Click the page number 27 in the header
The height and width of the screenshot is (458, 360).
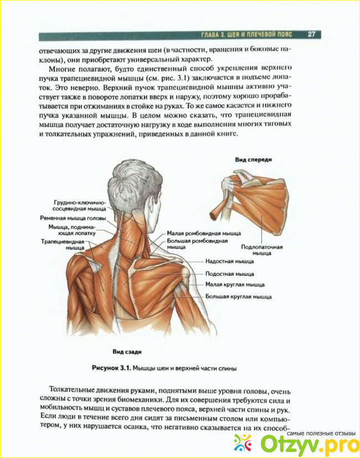click(311, 34)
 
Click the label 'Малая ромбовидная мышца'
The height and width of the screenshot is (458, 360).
click(204, 234)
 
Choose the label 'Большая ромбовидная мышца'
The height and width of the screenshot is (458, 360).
click(197, 244)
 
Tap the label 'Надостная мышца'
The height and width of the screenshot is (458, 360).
click(229, 261)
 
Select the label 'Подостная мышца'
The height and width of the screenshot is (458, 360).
click(229, 274)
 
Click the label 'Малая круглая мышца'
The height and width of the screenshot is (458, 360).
click(234, 285)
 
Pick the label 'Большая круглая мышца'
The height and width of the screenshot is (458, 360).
click(238, 297)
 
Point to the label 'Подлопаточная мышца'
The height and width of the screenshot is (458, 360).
click(262, 250)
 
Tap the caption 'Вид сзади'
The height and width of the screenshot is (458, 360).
click(125, 351)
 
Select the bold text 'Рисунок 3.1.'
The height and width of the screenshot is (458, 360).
click(109, 368)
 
